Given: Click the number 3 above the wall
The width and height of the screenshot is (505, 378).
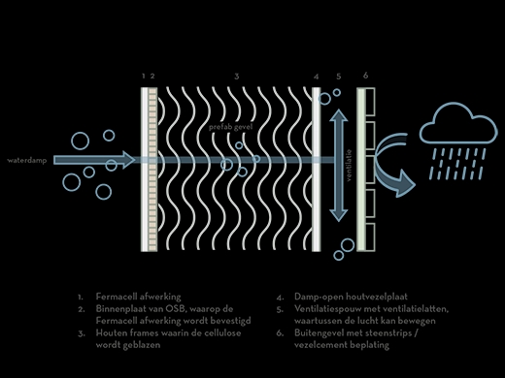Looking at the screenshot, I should click(237, 76).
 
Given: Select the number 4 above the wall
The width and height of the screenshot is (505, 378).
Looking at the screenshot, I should click(317, 76).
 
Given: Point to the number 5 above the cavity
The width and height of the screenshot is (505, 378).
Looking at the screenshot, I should click(338, 76).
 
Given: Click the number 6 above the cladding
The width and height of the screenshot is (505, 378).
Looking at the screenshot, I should click(365, 76).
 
